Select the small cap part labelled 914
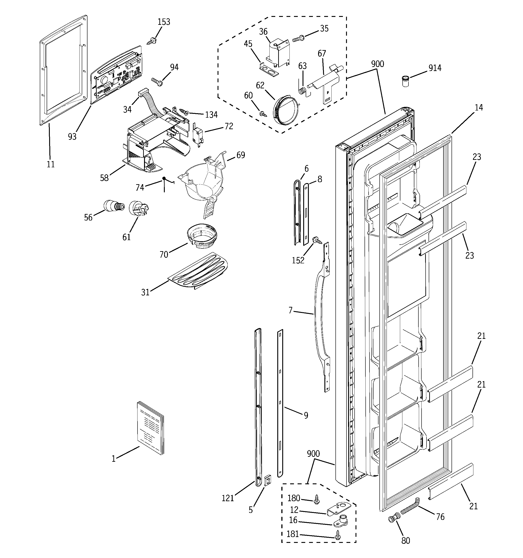click(x=405, y=81)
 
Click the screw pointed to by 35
click(x=299, y=39)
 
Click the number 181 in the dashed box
click(x=293, y=534)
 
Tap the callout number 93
click(x=72, y=137)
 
